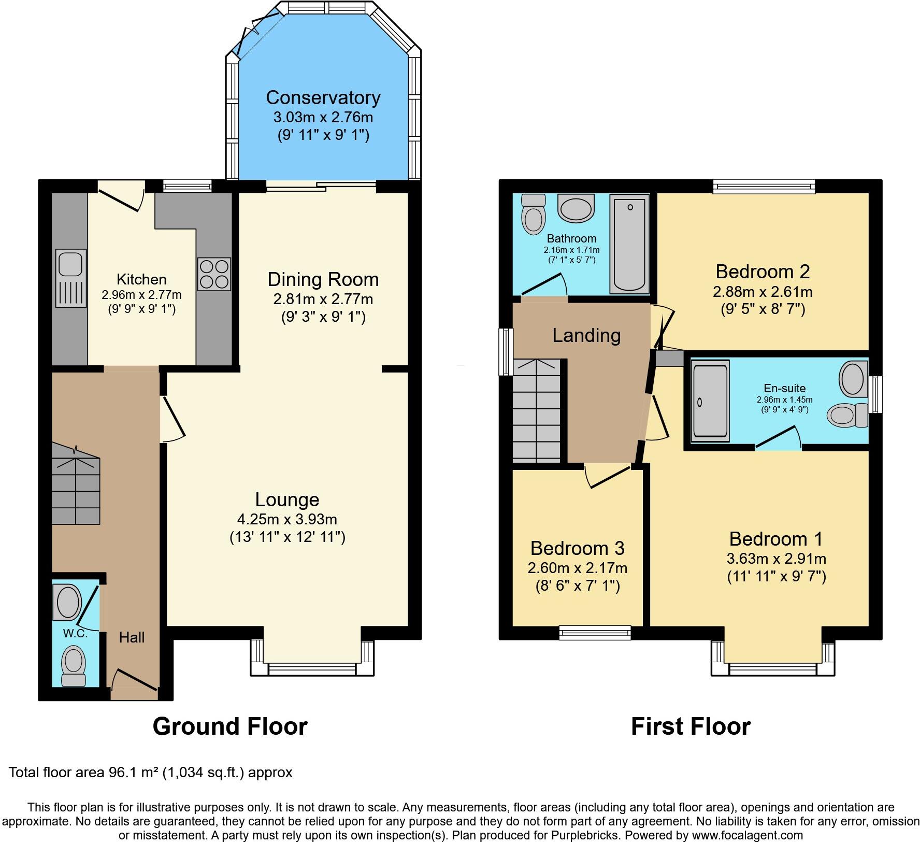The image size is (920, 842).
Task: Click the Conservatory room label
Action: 323,97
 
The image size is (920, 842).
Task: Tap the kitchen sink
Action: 70,279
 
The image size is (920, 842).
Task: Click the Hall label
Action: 132,637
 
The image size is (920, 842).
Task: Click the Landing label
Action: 586,336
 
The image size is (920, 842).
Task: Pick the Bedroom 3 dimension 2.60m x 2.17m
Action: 577,568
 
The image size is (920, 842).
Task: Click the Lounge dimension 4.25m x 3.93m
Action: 287,519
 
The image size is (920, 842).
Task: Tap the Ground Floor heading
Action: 230,726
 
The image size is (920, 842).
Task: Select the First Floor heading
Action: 691,726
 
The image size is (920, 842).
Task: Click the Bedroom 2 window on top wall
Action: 764,186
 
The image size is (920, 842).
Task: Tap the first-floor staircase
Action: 537,409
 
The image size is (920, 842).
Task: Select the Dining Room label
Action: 323,280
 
